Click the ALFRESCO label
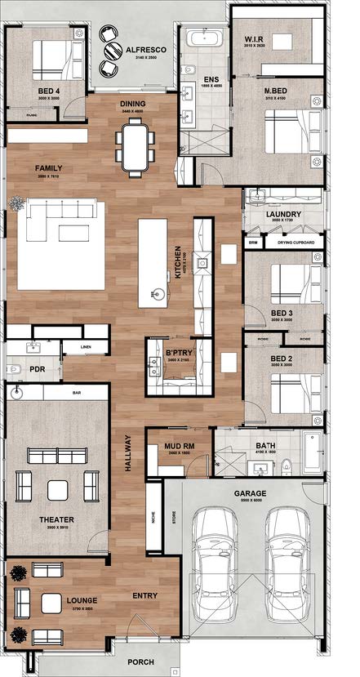click(146, 51)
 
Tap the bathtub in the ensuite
click(201, 38)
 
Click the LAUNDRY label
click(283, 215)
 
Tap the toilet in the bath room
click(286, 466)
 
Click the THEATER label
click(56, 519)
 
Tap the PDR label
click(37, 369)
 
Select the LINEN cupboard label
click(87, 347)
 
